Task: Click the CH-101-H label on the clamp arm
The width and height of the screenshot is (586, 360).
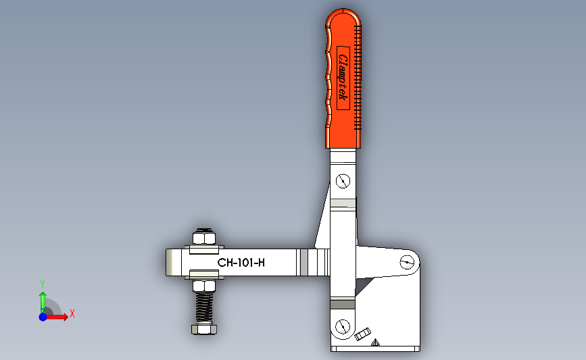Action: click(x=241, y=263)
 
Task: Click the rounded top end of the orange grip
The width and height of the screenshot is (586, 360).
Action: click(x=344, y=16)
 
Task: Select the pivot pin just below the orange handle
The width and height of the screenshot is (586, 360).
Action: click(x=343, y=181)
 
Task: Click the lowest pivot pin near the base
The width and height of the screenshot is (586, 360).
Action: click(x=343, y=326)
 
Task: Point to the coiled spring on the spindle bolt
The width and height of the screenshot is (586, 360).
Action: click(x=204, y=308)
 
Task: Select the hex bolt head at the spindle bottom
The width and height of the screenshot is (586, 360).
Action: click(x=204, y=329)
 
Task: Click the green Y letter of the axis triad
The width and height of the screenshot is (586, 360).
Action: click(x=42, y=284)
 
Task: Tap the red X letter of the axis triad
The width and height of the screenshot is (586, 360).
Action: click(x=72, y=313)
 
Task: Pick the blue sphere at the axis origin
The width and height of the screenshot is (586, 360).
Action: click(x=43, y=316)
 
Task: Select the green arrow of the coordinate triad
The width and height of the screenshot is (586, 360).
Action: click(x=42, y=301)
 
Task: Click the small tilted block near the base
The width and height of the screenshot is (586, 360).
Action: click(x=363, y=334)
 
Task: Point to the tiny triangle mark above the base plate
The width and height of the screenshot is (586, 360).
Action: click(x=376, y=343)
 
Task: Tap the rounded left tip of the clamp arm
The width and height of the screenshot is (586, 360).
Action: click(x=170, y=263)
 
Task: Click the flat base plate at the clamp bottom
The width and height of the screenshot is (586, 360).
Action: click(x=375, y=349)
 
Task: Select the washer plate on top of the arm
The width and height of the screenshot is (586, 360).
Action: click(x=203, y=248)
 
